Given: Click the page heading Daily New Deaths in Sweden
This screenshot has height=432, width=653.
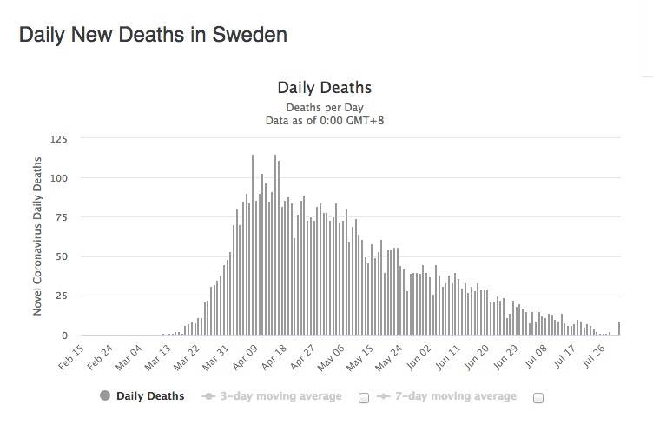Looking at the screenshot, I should click(153, 36).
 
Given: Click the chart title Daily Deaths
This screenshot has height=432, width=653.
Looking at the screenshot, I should click(324, 88).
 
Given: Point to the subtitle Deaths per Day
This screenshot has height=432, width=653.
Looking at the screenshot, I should click(324, 107).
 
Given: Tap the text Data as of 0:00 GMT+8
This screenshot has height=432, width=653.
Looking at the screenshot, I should click(324, 121).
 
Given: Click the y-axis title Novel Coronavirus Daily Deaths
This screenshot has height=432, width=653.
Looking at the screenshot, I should click(37, 236).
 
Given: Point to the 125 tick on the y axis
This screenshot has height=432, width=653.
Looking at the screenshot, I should click(58, 139).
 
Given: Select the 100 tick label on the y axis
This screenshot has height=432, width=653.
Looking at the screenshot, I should click(58, 178).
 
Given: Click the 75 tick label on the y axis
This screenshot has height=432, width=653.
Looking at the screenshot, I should click(61, 217).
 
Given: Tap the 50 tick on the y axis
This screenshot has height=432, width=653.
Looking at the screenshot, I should click(61, 257).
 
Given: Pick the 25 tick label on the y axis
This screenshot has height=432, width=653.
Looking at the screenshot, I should click(61, 296).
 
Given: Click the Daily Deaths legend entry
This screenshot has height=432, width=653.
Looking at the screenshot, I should click(150, 396).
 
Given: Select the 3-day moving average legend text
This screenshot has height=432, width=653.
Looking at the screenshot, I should click(280, 396).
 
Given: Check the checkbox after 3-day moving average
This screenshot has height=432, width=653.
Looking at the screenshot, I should click(364, 398).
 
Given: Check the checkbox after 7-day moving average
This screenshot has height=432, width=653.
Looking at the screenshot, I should click(538, 398).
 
